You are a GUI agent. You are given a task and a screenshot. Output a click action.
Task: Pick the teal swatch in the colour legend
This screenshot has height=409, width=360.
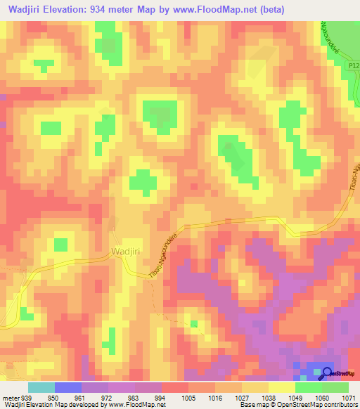(41, 387)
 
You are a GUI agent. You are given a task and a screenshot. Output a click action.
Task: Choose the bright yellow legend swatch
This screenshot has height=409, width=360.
(282, 387)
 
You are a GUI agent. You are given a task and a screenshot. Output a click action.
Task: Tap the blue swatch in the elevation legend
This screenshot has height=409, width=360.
(68, 387)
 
